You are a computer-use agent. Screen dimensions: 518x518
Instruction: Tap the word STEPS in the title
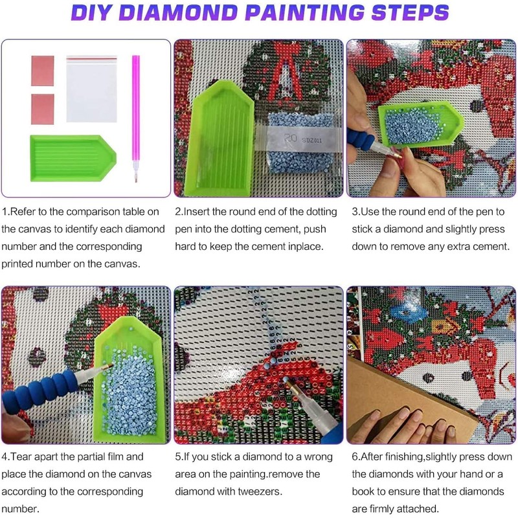[410, 12]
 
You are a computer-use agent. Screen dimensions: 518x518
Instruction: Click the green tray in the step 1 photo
[73, 158]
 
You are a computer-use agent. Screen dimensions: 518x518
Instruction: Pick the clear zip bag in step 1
[91, 89]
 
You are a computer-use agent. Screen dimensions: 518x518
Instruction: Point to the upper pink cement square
[43, 71]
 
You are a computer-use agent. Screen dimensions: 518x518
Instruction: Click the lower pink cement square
[43, 109]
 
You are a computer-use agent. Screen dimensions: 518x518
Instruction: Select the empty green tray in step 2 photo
[221, 138]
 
